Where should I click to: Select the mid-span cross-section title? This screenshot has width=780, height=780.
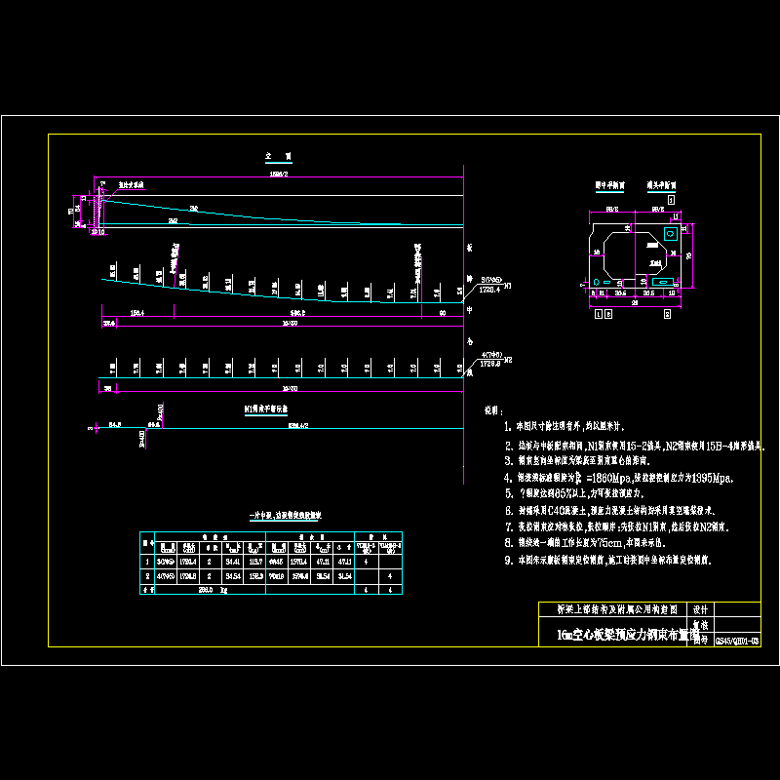pos(610,183)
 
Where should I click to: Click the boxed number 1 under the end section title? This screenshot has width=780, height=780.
pos(670,198)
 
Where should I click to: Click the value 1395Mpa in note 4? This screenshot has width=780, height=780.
pos(709,478)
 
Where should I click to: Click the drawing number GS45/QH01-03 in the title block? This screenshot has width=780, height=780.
pos(737,641)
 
